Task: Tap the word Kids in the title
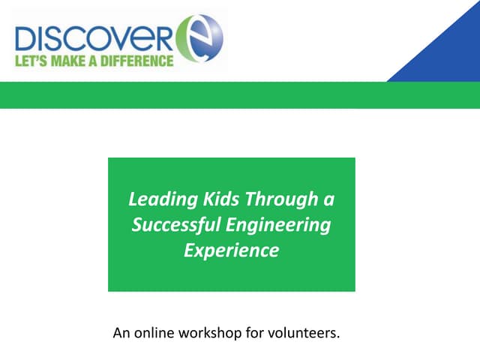pos(217,199)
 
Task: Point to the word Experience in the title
pos(231,250)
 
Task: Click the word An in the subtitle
pos(121,331)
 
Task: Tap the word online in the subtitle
pos(154,331)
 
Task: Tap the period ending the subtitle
pos(339,336)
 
